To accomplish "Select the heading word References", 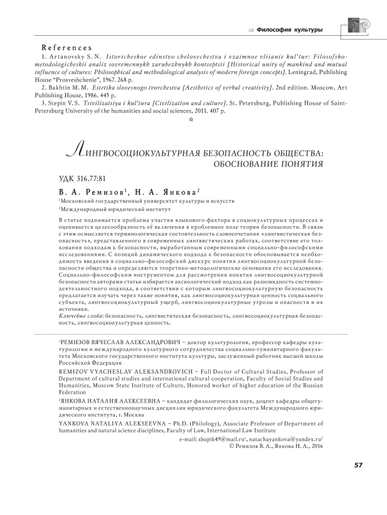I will (x=66, y=48).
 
